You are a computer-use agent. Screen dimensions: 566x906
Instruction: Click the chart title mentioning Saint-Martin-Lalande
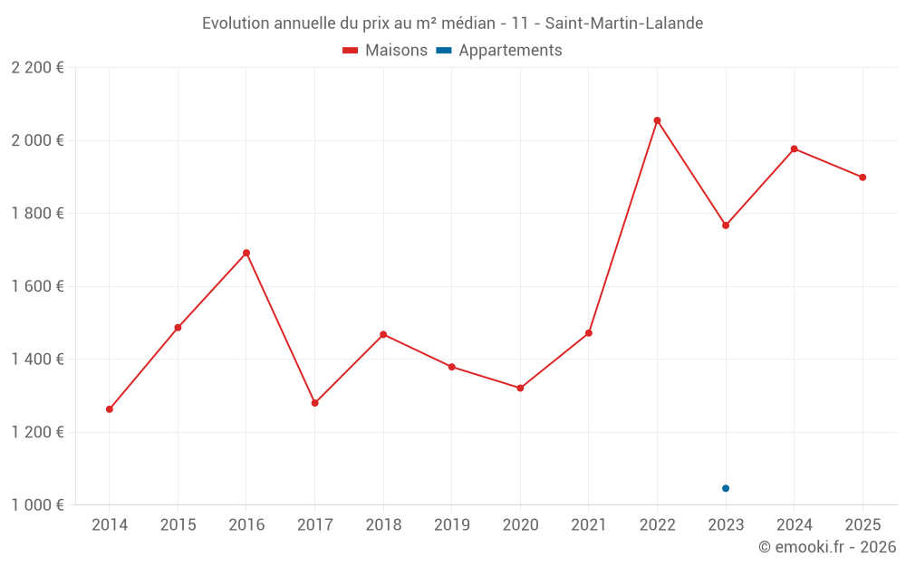[452, 23]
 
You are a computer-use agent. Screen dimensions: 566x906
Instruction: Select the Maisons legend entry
[385, 51]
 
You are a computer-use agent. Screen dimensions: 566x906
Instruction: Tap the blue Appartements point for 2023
[726, 488]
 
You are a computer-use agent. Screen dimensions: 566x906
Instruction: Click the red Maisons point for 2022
[657, 120]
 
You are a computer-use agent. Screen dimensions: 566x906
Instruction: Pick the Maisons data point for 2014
[110, 409]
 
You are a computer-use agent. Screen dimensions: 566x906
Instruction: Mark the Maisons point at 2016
[246, 253]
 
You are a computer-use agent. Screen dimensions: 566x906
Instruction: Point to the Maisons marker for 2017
[315, 403]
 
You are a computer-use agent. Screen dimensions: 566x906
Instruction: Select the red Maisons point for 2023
[726, 225]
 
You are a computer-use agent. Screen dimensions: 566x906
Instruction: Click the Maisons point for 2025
[863, 177]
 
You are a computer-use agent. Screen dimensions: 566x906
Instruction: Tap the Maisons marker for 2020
[520, 388]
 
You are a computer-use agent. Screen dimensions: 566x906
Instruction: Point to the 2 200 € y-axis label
[37, 68]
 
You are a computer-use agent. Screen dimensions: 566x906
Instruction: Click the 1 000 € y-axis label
[37, 505]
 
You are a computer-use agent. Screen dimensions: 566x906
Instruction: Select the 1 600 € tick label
[37, 286]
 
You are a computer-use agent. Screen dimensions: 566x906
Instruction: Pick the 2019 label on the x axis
[452, 525]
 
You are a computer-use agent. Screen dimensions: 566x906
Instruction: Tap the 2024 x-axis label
[794, 525]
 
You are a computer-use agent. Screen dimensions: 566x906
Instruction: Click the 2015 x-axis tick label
[178, 525]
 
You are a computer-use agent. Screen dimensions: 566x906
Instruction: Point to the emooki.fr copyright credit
[826, 547]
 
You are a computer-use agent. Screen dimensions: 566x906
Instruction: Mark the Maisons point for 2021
[589, 333]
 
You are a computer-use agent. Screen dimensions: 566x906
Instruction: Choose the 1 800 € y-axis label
[37, 214]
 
